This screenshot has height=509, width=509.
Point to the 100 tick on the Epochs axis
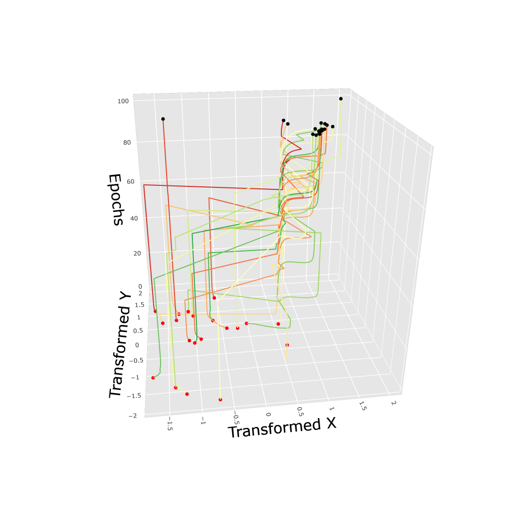point(123,101)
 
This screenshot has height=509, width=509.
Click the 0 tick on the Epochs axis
point(140,286)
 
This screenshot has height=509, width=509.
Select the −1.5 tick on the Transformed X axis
point(170,426)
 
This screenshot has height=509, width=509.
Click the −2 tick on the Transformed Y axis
point(132,416)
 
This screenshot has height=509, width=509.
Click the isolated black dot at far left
point(163,119)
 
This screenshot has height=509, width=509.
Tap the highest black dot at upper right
point(341,98)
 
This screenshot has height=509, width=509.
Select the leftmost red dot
point(153,378)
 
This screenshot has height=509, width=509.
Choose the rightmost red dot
point(287,345)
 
